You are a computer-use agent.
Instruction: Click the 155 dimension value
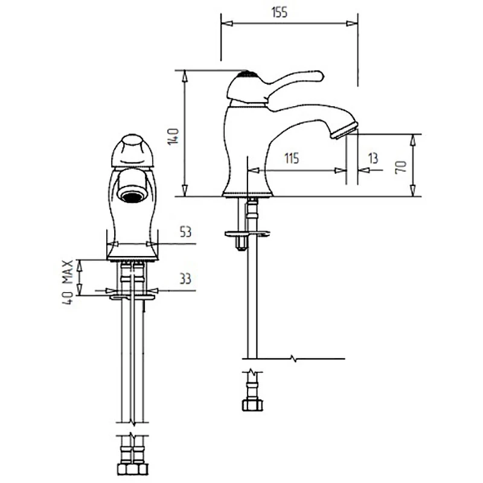(280, 12)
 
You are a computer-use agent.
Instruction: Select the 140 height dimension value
(173, 136)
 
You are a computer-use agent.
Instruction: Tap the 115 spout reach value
(292, 158)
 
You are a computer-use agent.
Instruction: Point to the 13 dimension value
(373, 158)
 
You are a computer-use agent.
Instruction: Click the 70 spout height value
(401, 167)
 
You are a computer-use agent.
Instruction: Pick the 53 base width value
(185, 232)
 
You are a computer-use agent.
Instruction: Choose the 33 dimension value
(185, 279)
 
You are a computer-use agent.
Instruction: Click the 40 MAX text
(68, 283)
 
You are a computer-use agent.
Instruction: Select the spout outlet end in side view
(344, 130)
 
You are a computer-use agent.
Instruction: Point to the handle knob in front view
(132, 151)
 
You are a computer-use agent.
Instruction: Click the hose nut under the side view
(252, 405)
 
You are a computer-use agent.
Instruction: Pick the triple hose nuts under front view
(133, 469)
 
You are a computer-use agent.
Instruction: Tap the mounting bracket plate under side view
(248, 234)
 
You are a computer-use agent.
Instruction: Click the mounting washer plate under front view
(132, 297)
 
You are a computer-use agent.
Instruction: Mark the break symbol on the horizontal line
(294, 358)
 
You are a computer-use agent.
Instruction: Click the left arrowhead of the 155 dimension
(227, 24)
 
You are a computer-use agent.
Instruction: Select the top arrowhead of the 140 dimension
(185, 76)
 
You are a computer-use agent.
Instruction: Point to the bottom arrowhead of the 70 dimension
(413, 191)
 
